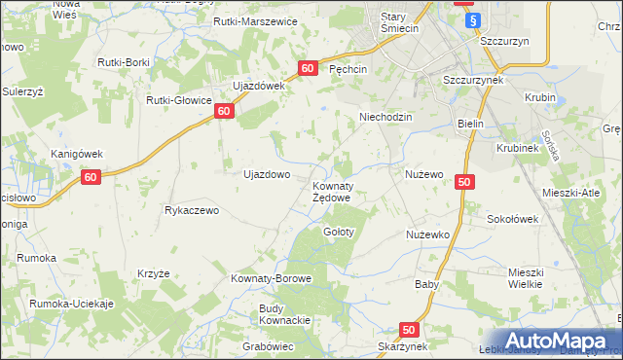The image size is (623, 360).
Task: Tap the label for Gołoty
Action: pos(339,233)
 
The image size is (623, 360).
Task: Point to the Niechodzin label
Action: pos(386,116)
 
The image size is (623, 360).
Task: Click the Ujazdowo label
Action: pos(267,175)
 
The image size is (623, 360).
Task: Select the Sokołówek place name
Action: pos(512,220)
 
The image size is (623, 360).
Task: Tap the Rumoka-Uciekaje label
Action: pos(72,304)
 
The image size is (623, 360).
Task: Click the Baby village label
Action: pos(426,285)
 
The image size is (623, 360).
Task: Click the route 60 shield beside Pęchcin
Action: pos(308,68)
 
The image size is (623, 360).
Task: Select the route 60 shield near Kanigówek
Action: pos(90,177)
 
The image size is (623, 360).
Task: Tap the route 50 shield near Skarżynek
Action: pos(408,330)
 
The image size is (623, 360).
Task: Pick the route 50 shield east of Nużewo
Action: pos(463,182)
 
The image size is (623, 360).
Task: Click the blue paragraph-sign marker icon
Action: pos(473,20)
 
